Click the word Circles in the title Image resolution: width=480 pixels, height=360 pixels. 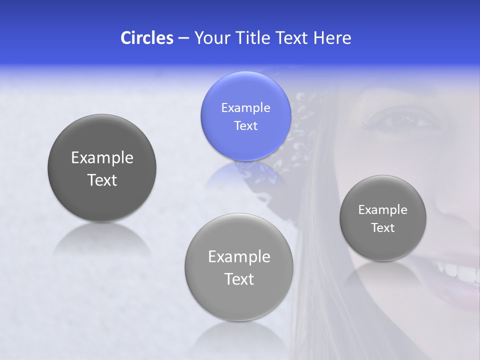point(146,38)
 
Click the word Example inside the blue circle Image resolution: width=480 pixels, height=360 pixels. point(245,107)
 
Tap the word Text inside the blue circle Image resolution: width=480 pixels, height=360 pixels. point(245,125)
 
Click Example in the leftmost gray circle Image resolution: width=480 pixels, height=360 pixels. point(102,158)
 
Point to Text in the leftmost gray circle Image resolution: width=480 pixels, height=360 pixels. point(102,180)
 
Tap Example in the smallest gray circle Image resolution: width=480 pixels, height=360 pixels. point(382,210)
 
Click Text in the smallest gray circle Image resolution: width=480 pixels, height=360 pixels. point(382,228)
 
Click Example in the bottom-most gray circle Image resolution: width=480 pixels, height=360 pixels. point(239,257)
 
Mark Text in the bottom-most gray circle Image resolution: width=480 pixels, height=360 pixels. point(239,279)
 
